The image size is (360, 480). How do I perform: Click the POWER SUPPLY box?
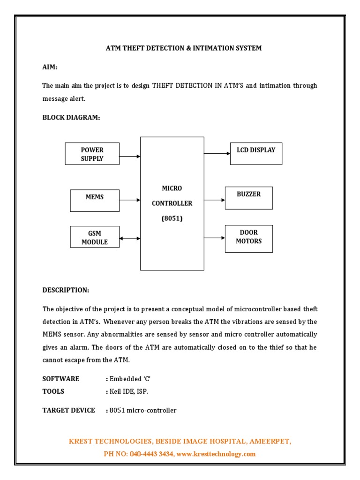pyautogui.click(x=92, y=154)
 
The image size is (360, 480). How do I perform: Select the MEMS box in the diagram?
pyautogui.click(x=94, y=201)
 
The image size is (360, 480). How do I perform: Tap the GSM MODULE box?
pyautogui.click(x=94, y=237)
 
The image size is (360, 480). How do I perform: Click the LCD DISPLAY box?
pyautogui.click(x=256, y=154)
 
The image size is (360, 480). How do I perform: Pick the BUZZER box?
pyautogui.click(x=248, y=198)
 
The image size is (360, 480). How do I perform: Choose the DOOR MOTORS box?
pyautogui.click(x=248, y=239)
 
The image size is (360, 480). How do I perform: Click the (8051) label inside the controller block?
pyautogui.click(x=172, y=218)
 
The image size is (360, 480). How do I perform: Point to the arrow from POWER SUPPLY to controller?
pyautogui.click(x=130, y=156)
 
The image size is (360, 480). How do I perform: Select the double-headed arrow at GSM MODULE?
pyautogui.click(x=130, y=239)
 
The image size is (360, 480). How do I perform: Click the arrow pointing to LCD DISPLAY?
pyautogui.click(x=217, y=153)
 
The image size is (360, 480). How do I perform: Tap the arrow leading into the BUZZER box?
pyautogui.click(x=214, y=200)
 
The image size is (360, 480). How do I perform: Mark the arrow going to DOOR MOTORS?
pyautogui.click(x=214, y=238)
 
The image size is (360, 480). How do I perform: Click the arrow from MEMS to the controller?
pyautogui.click(x=130, y=200)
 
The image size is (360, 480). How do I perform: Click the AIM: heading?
pyautogui.click(x=50, y=67)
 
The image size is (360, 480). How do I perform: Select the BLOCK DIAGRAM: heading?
pyautogui.click(x=71, y=118)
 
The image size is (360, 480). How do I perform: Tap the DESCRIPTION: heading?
pyautogui.click(x=66, y=290)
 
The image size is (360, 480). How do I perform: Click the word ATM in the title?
pyautogui.click(x=113, y=48)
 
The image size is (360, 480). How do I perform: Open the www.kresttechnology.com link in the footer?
pyautogui.click(x=216, y=454)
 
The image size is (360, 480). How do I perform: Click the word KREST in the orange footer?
pyautogui.click(x=81, y=442)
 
